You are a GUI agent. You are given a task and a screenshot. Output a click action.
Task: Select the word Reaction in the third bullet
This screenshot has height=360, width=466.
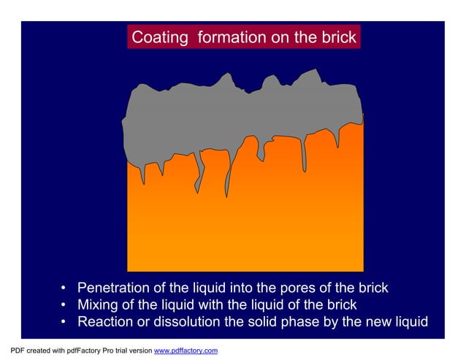[x=107, y=322]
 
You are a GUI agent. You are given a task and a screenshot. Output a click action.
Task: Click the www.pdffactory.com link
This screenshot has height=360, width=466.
[x=186, y=351]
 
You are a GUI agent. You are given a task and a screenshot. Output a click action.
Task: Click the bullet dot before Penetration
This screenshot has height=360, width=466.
[x=65, y=288]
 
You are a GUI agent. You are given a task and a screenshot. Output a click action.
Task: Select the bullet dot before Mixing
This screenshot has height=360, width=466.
[x=65, y=306]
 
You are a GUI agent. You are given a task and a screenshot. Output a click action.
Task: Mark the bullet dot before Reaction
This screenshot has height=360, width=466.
[x=65, y=323]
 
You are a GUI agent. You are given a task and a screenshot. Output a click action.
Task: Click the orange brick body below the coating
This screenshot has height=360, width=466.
[x=245, y=226]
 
